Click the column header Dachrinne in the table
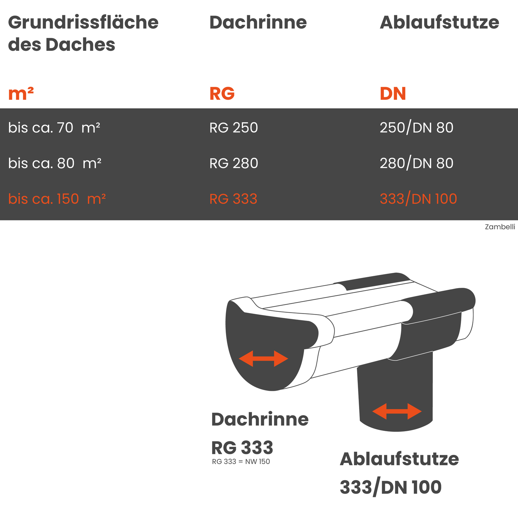[x=258, y=23]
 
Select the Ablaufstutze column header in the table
[x=439, y=23]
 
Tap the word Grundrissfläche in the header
[x=83, y=23]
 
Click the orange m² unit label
[x=21, y=94]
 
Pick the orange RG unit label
[x=222, y=94]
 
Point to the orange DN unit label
[x=393, y=94]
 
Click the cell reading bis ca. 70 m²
[x=54, y=128]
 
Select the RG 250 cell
[x=233, y=128]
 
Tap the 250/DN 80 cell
[x=416, y=128]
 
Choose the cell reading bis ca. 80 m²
[x=55, y=163]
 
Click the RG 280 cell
[x=233, y=163]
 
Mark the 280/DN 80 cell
[x=416, y=163]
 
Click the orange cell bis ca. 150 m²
[x=57, y=199]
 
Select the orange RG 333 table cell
[x=233, y=199]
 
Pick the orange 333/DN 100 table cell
[x=418, y=199]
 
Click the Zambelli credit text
[x=500, y=227]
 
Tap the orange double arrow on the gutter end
[x=263, y=359]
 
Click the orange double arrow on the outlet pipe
[x=397, y=411]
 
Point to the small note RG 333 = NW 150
[x=241, y=462]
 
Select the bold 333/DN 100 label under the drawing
[x=390, y=488]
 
